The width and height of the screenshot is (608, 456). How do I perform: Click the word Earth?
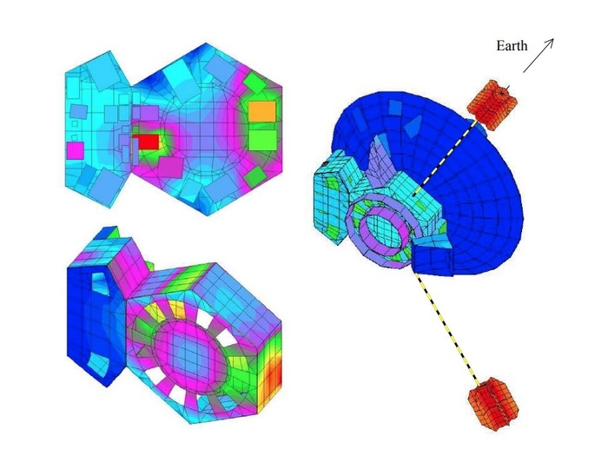[512, 46]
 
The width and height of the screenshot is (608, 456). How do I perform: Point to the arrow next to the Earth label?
[539, 56]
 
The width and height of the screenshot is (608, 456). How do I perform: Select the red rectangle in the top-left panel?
[146, 142]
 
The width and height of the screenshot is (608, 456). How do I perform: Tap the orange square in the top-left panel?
[262, 111]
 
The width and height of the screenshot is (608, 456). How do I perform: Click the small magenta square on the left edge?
[76, 150]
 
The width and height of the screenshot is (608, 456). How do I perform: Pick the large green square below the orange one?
[262, 140]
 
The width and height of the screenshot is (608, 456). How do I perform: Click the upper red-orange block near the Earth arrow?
[492, 104]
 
